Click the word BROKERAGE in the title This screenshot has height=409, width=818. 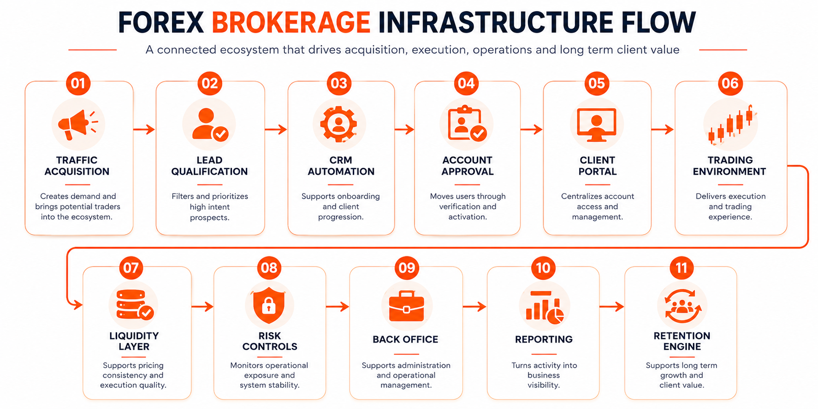pyautogui.click(x=291, y=22)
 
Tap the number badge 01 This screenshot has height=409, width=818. pyautogui.click(x=78, y=83)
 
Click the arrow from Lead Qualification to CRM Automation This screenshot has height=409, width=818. pyautogui.click(x=276, y=130)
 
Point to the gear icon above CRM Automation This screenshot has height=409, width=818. pyautogui.click(x=339, y=124)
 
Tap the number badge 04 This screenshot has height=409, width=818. pyautogui.click(x=466, y=83)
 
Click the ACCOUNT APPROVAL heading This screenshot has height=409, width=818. pyautogui.click(x=468, y=166)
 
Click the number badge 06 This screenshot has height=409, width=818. pyautogui.click(x=730, y=83)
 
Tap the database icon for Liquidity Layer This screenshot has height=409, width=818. pyautogui.click(x=134, y=304)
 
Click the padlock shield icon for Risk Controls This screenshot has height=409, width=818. pyautogui.click(x=269, y=304)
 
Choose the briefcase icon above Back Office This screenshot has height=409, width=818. pyautogui.click(x=406, y=306)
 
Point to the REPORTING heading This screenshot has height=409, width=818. pyautogui.click(x=544, y=339)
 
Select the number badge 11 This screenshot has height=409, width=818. pyautogui.click(x=682, y=267)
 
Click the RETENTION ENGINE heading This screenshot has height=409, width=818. pyautogui.click(x=682, y=341)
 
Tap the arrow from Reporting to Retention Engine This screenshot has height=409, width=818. pyautogui.click(x=611, y=306)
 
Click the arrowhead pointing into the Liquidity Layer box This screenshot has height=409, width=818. pyautogui.click(x=78, y=304)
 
